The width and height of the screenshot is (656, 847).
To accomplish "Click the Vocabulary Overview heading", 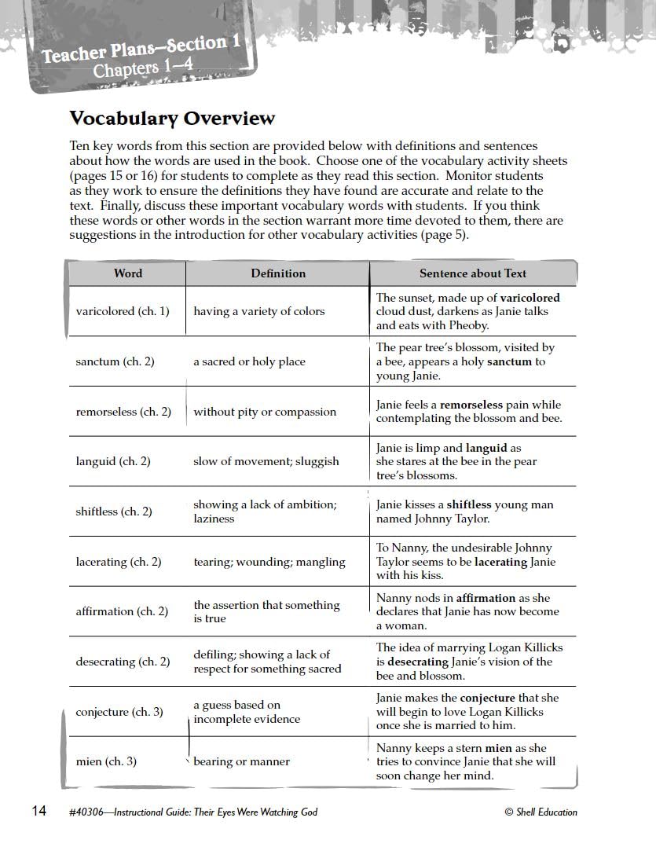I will point(172,119).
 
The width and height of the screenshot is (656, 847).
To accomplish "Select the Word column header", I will point(128,273).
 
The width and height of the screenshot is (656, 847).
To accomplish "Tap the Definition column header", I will point(278,273).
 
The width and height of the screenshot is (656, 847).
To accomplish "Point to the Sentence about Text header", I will point(473,273).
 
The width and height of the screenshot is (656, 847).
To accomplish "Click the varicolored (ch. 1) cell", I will point(123,311).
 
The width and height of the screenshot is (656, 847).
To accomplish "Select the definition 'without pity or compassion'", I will point(265,412).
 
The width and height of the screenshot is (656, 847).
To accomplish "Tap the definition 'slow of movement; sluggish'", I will point(266,461).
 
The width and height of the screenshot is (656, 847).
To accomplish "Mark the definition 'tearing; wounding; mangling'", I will point(269,562).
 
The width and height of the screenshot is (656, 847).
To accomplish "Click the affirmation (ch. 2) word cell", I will point(122,611).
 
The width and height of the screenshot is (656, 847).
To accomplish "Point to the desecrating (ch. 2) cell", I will point(123,662).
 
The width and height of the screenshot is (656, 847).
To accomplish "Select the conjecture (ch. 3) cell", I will point(119,712).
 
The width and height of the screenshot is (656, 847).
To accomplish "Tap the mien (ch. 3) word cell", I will point(106,761).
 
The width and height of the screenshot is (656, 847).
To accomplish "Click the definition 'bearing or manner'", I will point(242,761).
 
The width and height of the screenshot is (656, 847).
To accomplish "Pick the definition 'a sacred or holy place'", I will point(250,361).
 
